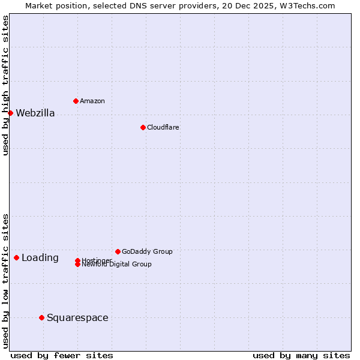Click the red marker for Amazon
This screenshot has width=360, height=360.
[x=76, y=101]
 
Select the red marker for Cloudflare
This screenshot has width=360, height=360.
[x=143, y=127]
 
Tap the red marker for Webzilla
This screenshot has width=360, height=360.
[x=10, y=113]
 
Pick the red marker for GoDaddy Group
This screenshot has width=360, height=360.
[x=118, y=251]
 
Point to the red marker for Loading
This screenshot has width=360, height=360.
[x=16, y=257]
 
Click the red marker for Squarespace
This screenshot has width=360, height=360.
[x=41, y=317]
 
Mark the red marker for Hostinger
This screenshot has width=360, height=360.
[x=77, y=260]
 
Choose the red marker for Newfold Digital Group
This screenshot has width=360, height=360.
[x=77, y=264]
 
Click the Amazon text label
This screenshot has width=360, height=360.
[x=92, y=101]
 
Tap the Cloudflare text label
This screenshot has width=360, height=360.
[x=163, y=127]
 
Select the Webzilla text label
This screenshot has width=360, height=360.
[x=35, y=113]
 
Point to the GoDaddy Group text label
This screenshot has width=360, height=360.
[x=147, y=251]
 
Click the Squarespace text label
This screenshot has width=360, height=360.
[x=77, y=317]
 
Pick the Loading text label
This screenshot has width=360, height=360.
[x=40, y=257]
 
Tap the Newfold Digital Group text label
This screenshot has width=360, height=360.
[x=117, y=265]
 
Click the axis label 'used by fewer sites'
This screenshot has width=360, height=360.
[x=62, y=355]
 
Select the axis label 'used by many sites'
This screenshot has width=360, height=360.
[x=301, y=355]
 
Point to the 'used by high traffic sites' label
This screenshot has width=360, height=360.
[x=5, y=85]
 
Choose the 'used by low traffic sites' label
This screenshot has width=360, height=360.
[x=5, y=281]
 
